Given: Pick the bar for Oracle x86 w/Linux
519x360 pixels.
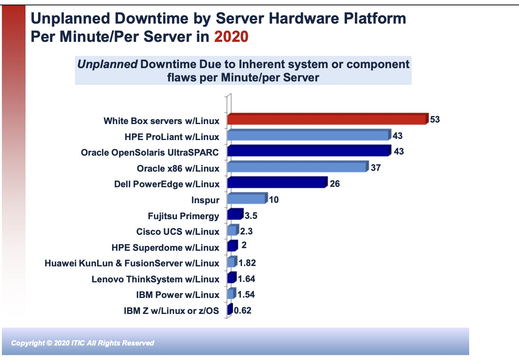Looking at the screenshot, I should click(x=297, y=167).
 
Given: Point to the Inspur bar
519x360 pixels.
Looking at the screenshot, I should click(x=247, y=199).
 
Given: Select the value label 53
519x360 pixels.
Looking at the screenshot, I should click(x=435, y=119).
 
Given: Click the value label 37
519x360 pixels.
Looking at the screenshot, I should click(x=376, y=168).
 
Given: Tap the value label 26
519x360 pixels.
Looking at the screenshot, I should click(x=335, y=184).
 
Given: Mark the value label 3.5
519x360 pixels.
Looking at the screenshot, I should click(x=251, y=216).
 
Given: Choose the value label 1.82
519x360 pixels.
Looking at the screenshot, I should click(x=247, y=263).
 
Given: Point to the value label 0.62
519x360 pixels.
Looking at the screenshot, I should click(x=243, y=311).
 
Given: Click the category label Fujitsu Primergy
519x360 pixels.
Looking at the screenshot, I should click(x=183, y=216).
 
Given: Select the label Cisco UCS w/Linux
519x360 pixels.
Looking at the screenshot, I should click(x=178, y=232).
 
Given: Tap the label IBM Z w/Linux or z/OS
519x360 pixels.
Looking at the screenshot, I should click(x=171, y=311).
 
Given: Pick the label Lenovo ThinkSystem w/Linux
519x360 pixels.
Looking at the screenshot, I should click(x=155, y=279).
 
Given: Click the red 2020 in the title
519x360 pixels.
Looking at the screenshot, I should click(x=231, y=37).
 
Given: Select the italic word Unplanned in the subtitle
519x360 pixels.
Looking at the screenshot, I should click(x=107, y=64).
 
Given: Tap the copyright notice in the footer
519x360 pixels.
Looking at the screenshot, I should click(x=83, y=343).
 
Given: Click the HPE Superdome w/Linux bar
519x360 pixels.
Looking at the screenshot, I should click(x=232, y=246).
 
